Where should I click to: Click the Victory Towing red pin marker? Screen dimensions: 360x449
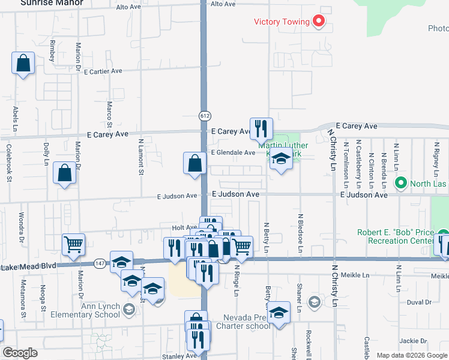319,22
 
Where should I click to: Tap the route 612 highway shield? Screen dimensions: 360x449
205,115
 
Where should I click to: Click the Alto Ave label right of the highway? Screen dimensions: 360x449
223,4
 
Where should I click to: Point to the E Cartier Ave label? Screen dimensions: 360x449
103,71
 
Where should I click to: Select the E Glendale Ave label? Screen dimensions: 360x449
233,153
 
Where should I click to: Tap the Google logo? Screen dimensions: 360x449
20,353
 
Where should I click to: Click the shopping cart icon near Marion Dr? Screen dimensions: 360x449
73,244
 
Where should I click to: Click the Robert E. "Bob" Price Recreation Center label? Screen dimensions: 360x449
395,236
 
